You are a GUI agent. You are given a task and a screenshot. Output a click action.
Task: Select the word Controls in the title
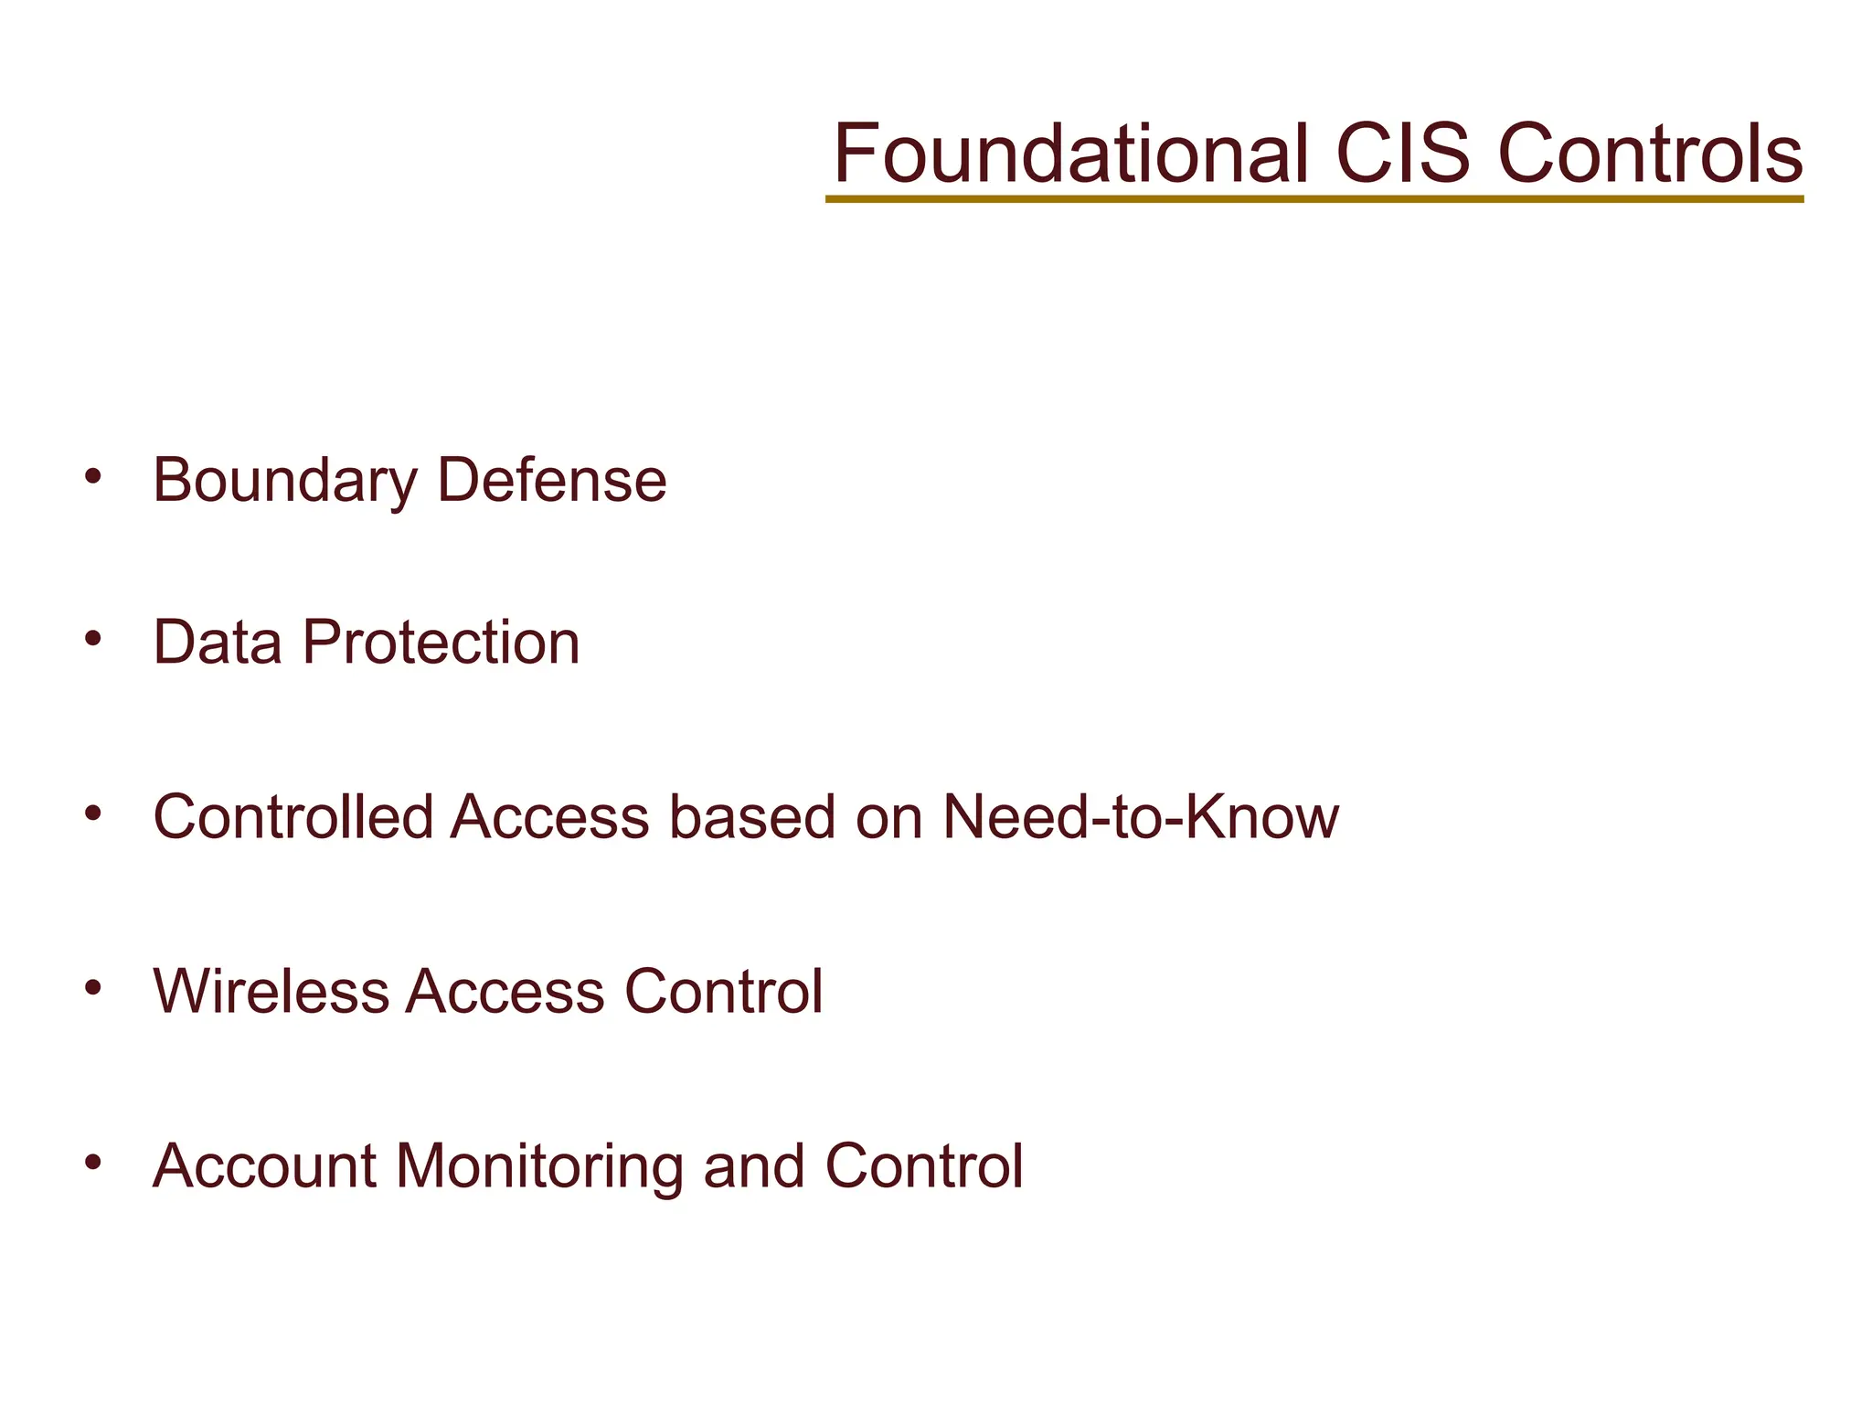point(1651,154)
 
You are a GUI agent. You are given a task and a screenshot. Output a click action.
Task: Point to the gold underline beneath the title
point(1314,198)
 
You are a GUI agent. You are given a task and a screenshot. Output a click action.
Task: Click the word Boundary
point(284,481)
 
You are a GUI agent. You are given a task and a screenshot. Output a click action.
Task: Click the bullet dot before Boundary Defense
point(92,476)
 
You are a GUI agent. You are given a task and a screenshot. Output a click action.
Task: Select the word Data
point(218,643)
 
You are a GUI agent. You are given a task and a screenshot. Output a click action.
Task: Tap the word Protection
point(441,643)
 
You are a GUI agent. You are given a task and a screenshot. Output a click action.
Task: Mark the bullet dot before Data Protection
point(92,638)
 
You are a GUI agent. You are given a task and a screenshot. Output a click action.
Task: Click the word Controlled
point(292,816)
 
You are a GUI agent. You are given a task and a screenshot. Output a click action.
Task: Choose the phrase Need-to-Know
point(1140,816)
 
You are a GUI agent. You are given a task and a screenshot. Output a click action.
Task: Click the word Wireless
point(271,992)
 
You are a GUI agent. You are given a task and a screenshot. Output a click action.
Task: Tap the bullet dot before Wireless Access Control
point(92,987)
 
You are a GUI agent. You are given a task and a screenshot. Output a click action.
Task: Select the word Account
point(264,1167)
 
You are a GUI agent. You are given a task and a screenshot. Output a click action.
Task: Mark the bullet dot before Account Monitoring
point(92,1163)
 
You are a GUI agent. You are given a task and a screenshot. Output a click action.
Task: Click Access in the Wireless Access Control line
point(505,992)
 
